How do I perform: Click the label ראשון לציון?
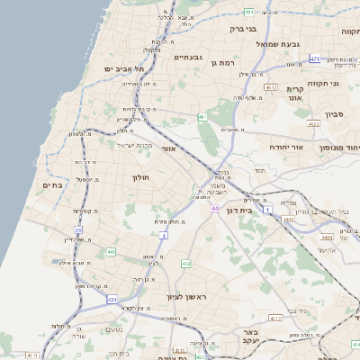pos(186,297)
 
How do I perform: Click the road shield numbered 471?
pos(315,58)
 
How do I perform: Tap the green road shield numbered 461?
pos(203,117)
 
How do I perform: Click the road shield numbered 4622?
pos(313,123)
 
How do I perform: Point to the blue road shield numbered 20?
pos(78,230)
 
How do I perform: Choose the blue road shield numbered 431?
pos(112,299)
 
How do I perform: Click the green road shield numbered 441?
pos(112,253)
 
